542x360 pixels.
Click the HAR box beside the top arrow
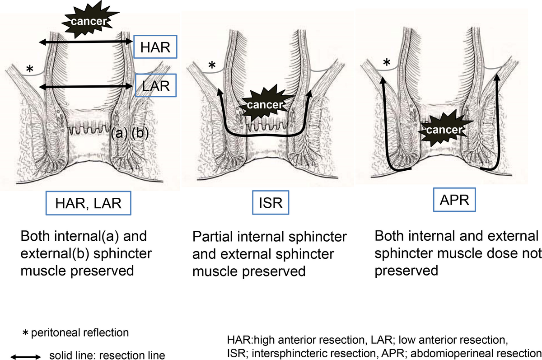155,49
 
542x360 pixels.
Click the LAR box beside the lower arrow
155,85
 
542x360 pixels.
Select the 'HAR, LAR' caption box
89,204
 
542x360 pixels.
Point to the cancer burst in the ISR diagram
265,105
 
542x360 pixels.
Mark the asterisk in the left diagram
30,69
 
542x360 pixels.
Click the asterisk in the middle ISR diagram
211,66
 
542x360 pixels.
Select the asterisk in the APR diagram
387,63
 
